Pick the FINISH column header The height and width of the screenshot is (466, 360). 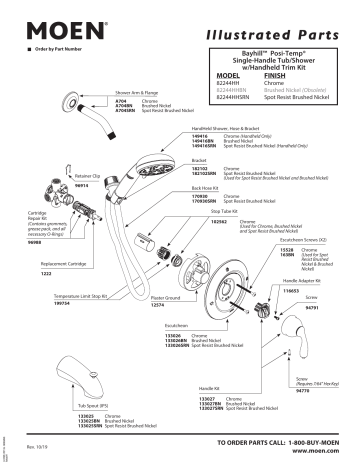[276, 74]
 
